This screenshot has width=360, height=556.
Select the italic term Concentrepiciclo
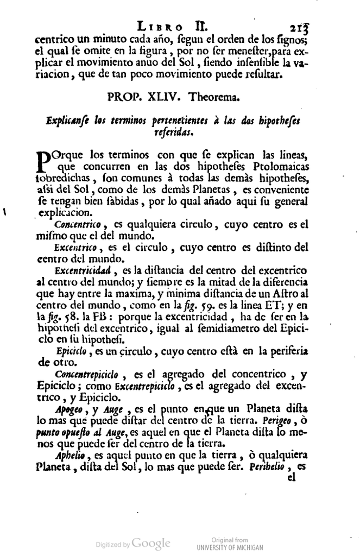point(87,374)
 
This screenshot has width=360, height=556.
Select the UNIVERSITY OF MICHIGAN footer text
point(229,547)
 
